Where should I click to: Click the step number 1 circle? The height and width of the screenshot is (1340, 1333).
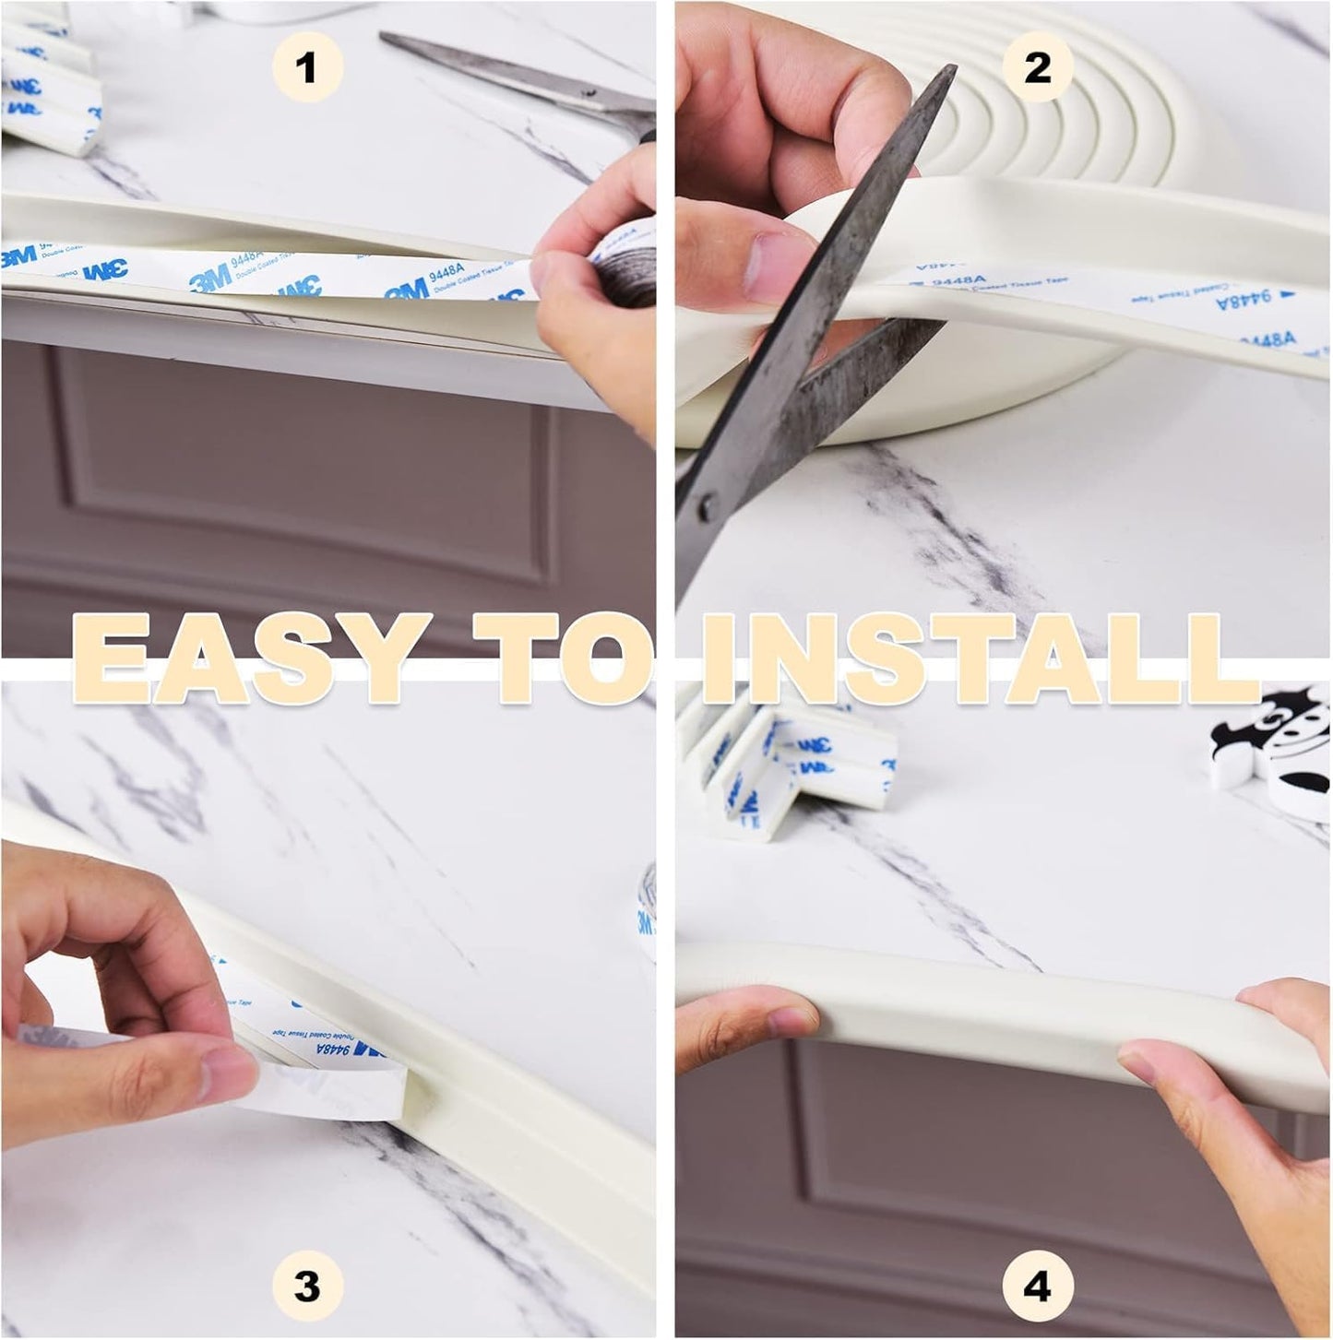point(307,67)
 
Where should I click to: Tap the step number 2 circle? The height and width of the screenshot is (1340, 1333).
point(1037,67)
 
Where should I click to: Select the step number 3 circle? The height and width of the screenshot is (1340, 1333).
point(307,1286)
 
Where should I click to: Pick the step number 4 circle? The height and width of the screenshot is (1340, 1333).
point(1037,1286)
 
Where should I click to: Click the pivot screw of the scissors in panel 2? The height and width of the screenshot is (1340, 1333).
point(708,504)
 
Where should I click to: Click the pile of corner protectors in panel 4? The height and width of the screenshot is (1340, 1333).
point(784,765)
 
